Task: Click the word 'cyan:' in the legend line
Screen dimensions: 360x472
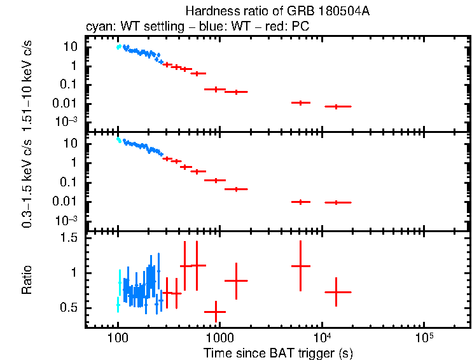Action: pos(99,27)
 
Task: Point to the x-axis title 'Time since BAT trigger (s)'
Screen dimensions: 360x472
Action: pos(278,352)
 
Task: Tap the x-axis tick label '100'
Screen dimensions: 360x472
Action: pos(118,336)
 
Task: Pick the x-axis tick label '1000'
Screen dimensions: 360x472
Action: pos(219,336)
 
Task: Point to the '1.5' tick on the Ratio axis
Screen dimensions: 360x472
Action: pos(71,238)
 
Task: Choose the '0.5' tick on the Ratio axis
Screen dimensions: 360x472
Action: pos(71,307)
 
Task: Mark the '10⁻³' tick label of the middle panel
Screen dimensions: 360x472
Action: pos(68,220)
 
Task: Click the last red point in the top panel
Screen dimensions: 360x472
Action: pos(337,106)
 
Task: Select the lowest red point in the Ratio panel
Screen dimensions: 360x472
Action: pos(216,312)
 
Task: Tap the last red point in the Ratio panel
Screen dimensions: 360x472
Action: pos(337,292)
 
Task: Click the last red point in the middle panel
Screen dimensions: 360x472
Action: pos(337,202)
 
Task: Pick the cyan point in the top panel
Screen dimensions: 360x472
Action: pos(118,46)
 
